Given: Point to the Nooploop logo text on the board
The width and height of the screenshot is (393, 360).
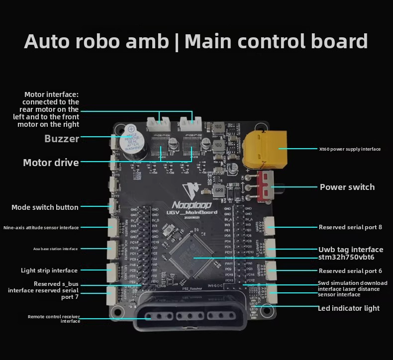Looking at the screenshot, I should [192, 205].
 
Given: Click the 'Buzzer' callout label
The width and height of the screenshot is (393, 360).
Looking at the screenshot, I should [62, 139].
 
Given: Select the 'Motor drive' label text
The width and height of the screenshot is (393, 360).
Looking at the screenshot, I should [51, 163].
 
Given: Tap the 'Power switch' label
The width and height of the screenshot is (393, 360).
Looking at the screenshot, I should [347, 187].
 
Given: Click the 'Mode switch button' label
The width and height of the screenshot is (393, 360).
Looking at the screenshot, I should [45, 207].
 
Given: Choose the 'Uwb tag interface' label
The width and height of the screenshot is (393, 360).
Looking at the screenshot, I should [351, 249].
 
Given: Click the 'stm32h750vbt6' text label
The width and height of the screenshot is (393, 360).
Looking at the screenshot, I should [346, 257].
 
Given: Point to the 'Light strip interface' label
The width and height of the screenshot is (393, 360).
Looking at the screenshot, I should [49, 270].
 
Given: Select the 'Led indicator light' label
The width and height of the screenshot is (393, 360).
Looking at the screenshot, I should [349, 308].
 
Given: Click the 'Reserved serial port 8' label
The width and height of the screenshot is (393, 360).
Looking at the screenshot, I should [350, 227].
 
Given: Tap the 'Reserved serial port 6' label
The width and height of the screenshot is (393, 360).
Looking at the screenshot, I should [350, 271].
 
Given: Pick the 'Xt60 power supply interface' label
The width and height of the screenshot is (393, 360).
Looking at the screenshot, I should [350, 149].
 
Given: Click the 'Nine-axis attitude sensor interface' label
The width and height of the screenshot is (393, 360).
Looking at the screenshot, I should [41, 228].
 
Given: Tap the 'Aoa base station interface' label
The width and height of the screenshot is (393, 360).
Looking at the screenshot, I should [52, 249].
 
